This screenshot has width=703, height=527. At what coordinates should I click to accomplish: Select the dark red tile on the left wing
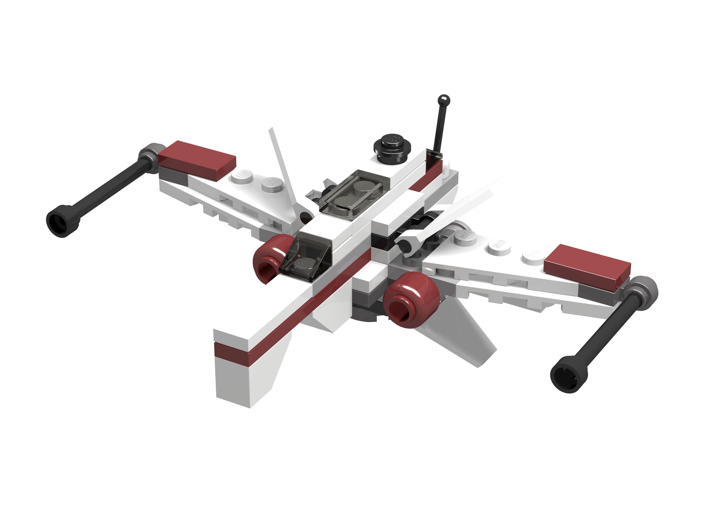coord(197,159)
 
